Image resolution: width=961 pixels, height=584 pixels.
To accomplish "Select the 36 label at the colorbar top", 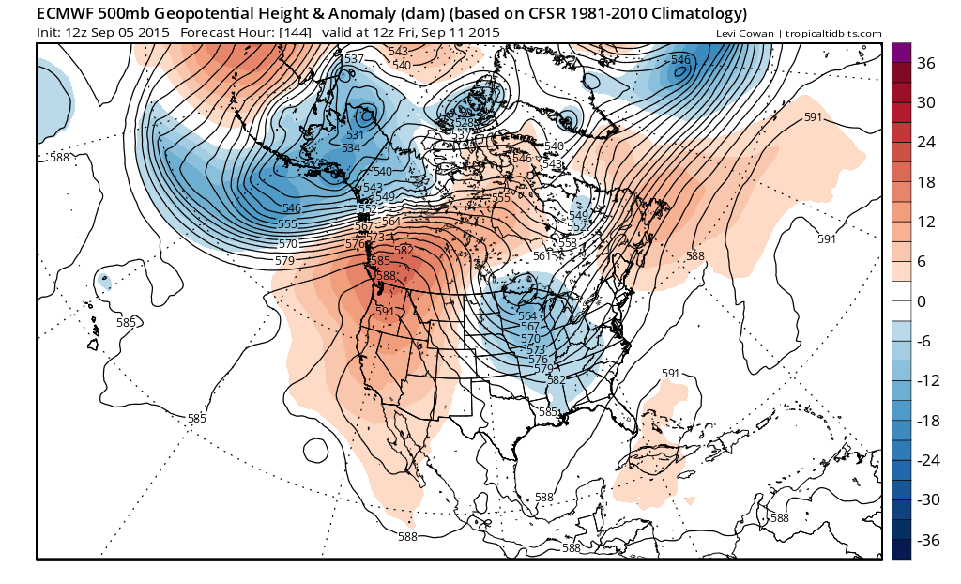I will coord(925,64).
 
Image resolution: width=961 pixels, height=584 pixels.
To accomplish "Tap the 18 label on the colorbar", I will coord(925,182).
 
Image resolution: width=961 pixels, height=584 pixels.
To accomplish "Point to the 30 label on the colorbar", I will coord(925,103).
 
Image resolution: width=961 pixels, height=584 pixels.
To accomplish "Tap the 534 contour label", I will coord(350,148).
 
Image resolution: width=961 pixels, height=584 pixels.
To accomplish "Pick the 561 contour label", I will coord(542,256).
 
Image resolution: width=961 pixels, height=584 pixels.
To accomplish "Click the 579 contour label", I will coord(286,259).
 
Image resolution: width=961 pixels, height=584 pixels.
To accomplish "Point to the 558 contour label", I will coord(568,242).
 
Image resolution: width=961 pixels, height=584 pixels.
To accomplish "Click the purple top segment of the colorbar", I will coord(900,53).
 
